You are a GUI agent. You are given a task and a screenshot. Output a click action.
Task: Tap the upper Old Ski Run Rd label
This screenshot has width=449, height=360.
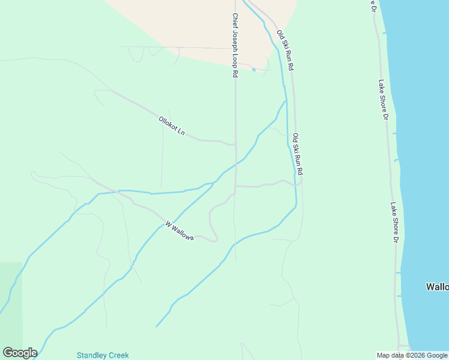(285, 50)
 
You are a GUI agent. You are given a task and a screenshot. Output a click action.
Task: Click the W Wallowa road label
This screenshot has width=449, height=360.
(179, 231)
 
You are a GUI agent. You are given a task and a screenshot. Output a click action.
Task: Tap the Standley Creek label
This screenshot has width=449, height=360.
(103, 355)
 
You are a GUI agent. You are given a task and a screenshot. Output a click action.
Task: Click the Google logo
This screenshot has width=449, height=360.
(20, 353)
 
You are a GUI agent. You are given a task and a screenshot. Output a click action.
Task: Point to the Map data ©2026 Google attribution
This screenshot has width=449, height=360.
(412, 355)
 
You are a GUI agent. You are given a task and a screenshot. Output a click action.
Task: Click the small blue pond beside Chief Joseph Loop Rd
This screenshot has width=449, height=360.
(254, 70)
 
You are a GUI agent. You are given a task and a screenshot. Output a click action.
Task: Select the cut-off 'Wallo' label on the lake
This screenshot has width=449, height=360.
(437, 287)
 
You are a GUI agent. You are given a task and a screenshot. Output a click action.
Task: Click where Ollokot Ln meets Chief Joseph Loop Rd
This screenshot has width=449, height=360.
(235, 144)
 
